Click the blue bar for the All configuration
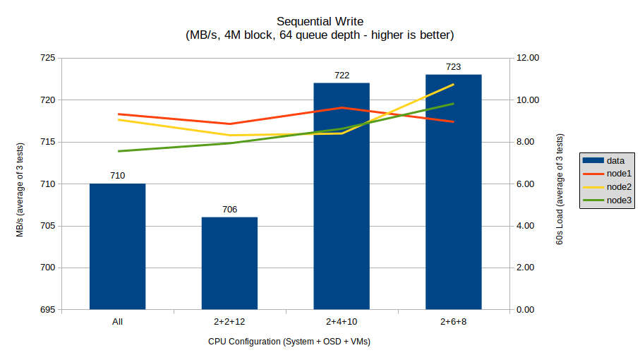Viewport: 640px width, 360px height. tap(117, 246)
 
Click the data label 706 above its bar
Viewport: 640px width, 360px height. tap(229, 209)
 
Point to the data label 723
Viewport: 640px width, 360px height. tap(453, 67)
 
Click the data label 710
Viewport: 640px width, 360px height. tap(117, 175)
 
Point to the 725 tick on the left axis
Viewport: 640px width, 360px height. tap(47, 58)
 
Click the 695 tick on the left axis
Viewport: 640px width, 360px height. tap(47, 310)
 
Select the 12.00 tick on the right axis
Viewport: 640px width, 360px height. tap(528, 58)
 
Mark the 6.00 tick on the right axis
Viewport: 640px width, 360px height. tap(528, 184)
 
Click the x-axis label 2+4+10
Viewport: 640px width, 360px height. tap(342, 322)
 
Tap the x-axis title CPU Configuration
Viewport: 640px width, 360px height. tap(289, 342)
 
